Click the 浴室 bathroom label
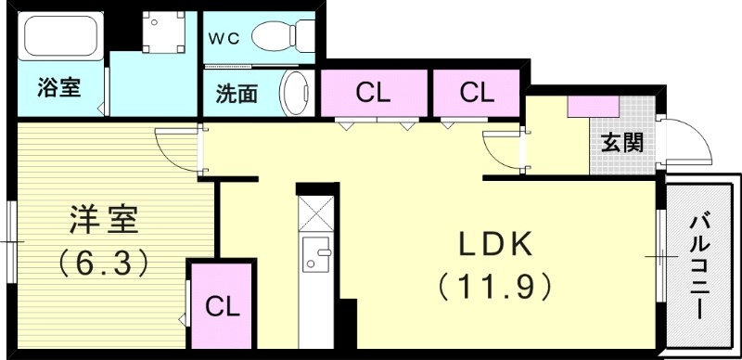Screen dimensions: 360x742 click(x=58, y=89)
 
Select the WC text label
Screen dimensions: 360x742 click(x=222, y=38)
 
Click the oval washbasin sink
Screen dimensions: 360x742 click(x=296, y=94)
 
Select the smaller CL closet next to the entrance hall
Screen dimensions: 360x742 click(x=476, y=92)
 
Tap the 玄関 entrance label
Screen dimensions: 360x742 click(x=620, y=143)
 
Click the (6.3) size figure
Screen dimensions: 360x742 click(x=103, y=264)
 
